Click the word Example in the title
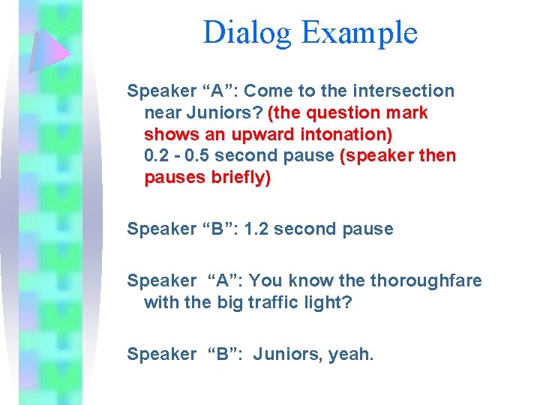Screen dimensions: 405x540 point(358,33)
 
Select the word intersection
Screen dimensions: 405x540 point(405,91)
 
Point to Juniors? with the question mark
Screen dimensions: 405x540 point(223,113)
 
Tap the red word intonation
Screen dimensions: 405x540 point(346,135)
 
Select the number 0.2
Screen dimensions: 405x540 point(157,157)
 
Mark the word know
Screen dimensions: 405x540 point(301,280)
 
